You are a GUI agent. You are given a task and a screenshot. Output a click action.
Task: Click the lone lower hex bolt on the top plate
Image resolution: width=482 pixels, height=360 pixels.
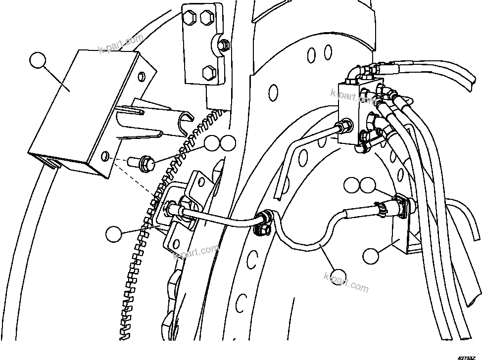208,73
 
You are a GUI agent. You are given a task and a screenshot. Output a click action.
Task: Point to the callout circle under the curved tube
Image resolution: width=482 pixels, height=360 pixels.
340,275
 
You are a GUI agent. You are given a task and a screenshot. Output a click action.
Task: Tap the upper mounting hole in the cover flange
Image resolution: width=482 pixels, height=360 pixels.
142,75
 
